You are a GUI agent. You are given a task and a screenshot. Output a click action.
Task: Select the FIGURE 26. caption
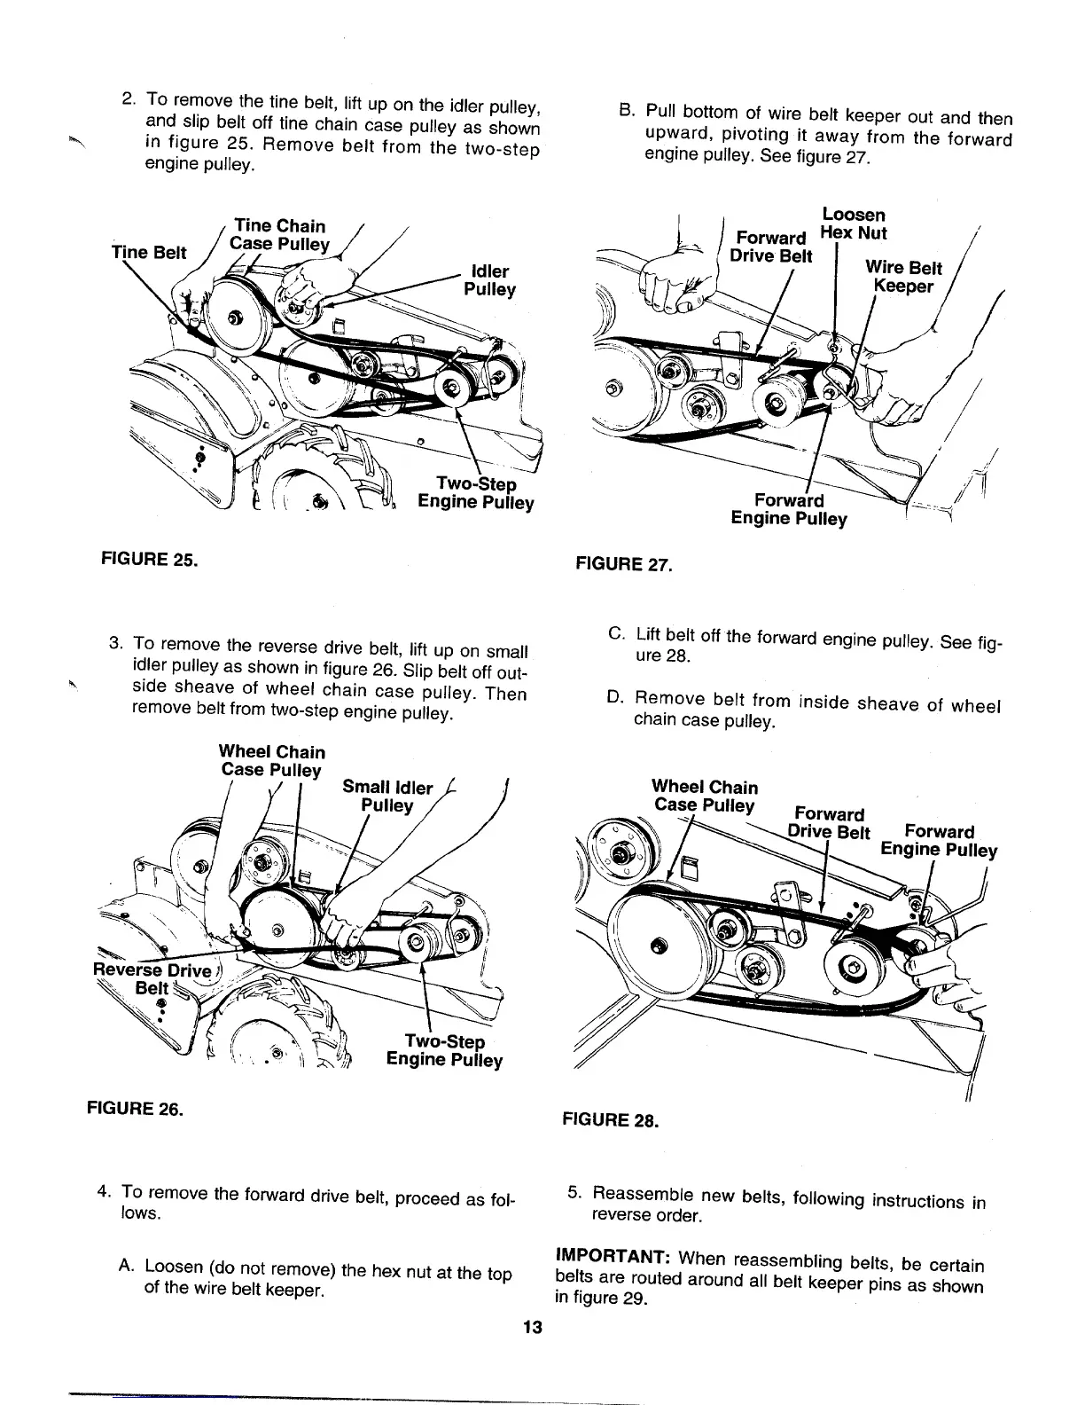(134, 1108)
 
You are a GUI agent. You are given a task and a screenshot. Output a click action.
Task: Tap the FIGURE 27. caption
(624, 563)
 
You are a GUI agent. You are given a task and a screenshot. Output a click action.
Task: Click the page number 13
(532, 1328)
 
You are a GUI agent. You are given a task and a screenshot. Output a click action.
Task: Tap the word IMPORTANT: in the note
(610, 1257)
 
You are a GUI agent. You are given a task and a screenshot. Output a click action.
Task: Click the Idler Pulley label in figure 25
(489, 280)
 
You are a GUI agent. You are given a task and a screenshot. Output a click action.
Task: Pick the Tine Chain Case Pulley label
(278, 235)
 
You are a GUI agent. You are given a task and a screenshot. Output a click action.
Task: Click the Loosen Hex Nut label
(853, 224)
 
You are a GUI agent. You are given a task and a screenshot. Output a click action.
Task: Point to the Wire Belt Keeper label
(903, 277)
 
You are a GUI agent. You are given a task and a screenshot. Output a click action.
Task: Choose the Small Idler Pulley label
(388, 796)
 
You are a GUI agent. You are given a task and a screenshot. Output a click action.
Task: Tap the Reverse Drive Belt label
(152, 979)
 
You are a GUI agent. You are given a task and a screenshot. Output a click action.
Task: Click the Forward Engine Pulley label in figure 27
(789, 510)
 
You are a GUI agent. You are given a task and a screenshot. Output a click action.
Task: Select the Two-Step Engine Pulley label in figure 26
(444, 1051)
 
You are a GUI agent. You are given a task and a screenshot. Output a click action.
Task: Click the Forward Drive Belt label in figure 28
(830, 823)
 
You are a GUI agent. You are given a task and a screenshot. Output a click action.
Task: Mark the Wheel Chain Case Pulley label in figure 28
(705, 796)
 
